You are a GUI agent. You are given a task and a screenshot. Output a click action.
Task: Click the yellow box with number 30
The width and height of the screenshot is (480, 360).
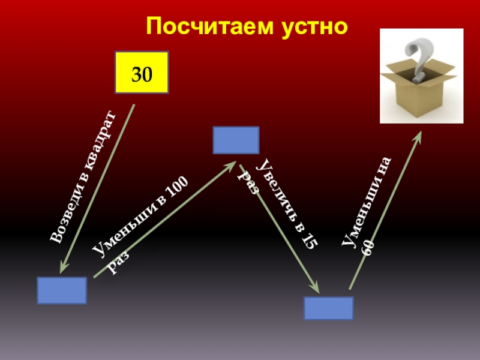click(x=142, y=73)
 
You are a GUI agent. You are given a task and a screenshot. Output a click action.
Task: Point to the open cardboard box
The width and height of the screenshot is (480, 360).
click(x=418, y=90)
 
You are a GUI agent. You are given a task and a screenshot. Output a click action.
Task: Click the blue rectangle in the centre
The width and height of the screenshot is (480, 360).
click(x=236, y=140)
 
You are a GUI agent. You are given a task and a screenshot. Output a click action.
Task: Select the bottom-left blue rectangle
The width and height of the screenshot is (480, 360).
click(x=62, y=290)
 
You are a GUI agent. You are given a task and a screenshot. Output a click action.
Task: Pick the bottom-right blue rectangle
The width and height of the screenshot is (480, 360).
click(x=328, y=307)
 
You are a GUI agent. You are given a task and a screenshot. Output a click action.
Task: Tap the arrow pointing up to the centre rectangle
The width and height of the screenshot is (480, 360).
click(x=164, y=220)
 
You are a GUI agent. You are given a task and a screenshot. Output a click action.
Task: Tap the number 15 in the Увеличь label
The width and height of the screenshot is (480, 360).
click(x=311, y=238)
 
